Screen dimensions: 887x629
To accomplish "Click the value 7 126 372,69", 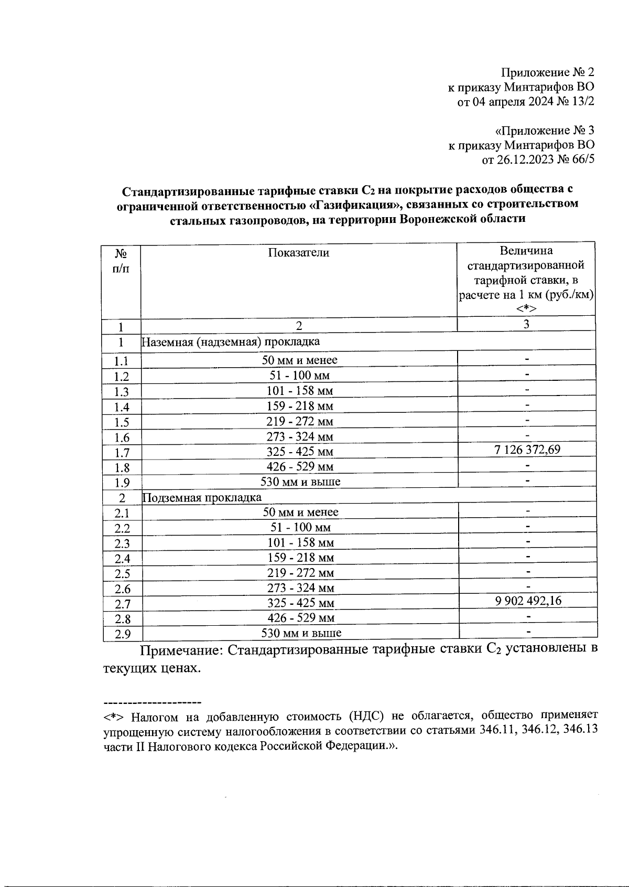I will [527, 450].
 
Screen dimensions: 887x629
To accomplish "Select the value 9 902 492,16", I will [528, 601].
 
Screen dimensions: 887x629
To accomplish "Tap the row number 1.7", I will [122, 453].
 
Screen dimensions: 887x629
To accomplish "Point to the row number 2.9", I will [123, 634].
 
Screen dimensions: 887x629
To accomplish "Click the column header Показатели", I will [299, 253].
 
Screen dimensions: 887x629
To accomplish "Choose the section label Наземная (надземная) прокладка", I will [231, 342].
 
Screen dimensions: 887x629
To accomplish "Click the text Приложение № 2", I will [547, 72].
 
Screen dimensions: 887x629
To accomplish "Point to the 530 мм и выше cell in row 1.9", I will [300, 482].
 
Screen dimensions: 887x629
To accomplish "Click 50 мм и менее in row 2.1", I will [300, 512].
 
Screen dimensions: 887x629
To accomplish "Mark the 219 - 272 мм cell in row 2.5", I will [300, 573].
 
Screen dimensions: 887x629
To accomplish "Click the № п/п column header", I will [122, 261].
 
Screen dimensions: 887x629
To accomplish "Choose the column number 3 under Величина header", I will [526, 324].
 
